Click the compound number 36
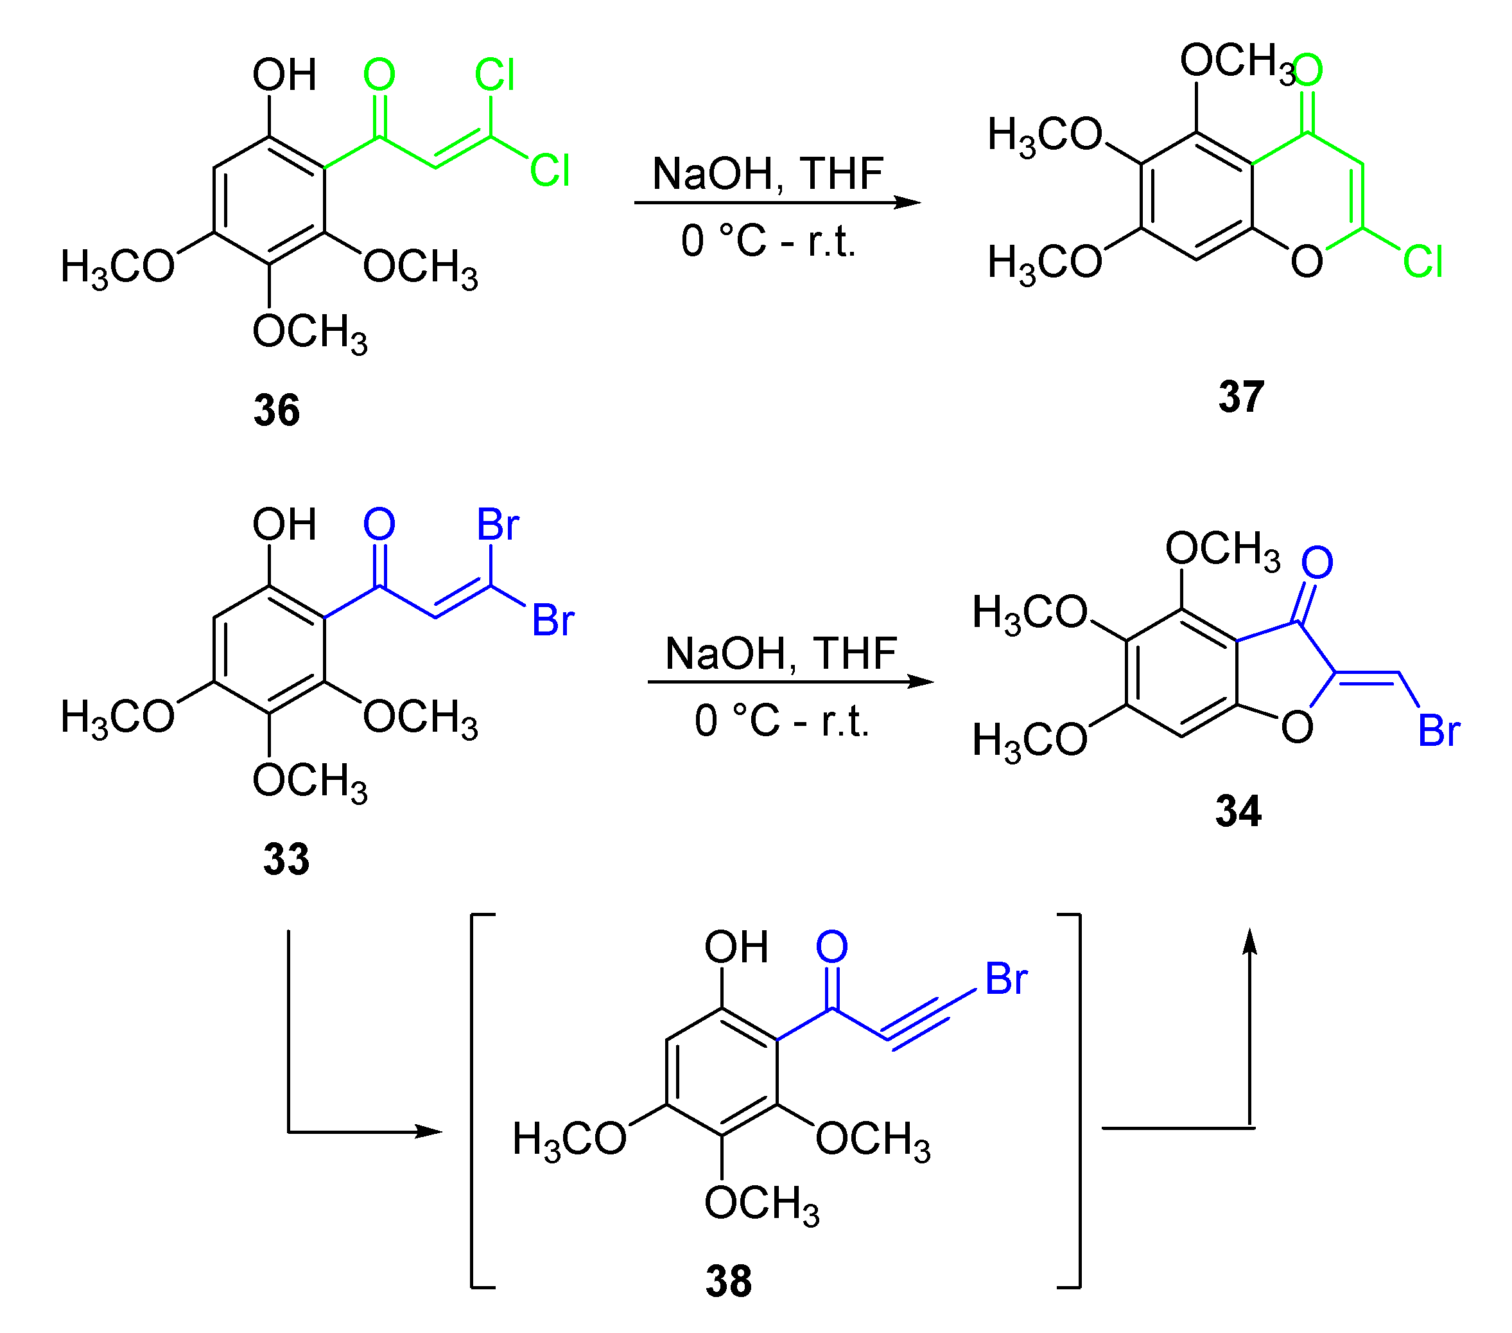point(276,410)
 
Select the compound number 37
point(1240,397)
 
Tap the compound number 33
point(286,860)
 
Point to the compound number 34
point(1238,811)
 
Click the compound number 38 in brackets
point(728,1281)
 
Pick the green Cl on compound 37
point(1421,262)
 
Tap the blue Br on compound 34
point(1438,731)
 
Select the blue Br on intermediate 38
point(1005,979)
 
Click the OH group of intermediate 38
point(736,948)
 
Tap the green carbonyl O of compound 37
point(1307,70)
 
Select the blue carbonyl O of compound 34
point(1317,563)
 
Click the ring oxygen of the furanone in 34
point(1297,727)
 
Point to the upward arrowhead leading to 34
point(1249,942)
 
